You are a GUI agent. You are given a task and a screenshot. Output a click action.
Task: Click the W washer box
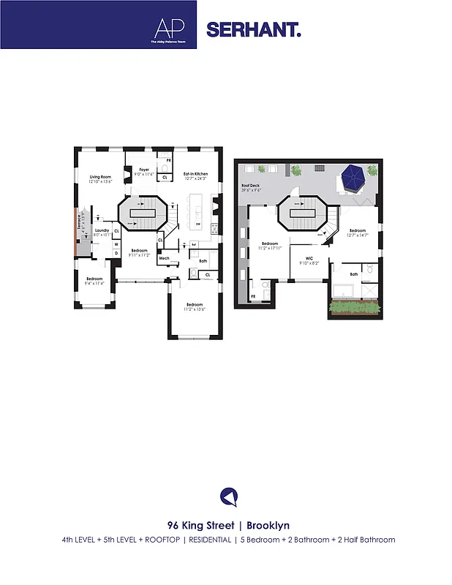pos(116,244)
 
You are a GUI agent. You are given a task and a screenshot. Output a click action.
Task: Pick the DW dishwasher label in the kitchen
pos(198,224)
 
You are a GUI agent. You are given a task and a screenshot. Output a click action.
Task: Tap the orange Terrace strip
pos(78,233)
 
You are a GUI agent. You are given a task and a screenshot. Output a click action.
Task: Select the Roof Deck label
pos(251,188)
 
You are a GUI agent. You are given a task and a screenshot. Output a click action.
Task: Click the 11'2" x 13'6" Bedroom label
pos(194,306)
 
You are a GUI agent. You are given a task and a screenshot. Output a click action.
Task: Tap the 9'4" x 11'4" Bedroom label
pos(94,280)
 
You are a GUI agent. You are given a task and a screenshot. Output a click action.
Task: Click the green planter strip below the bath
pos(355,309)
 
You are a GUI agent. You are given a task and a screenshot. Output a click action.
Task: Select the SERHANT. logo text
pos(253,30)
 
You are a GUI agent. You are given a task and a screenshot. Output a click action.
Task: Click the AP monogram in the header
pos(165,28)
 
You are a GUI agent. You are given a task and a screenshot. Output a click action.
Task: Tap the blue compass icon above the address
pos(229,497)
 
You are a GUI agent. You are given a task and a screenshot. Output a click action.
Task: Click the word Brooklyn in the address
pos(270,525)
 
